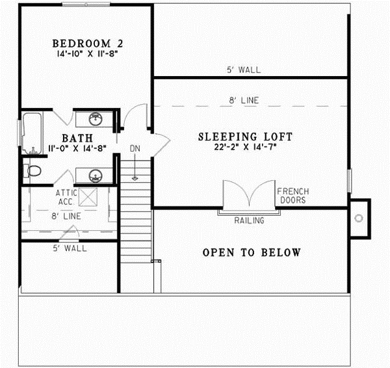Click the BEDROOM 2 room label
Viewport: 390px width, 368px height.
coord(88,44)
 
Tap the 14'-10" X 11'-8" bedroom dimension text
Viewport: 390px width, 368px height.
coord(88,55)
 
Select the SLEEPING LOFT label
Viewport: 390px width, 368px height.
coord(245,137)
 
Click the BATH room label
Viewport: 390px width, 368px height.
coord(77,138)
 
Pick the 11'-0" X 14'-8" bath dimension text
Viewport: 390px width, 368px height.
coord(77,150)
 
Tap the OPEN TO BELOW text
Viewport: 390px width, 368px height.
coord(251,252)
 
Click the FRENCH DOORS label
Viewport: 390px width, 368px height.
coord(292,196)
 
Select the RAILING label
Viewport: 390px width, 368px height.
coord(249,220)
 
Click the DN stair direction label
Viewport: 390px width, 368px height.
coord(135,149)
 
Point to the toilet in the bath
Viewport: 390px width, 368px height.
coord(34,171)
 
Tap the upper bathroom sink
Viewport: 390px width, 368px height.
coord(96,119)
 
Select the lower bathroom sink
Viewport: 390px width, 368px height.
coord(96,176)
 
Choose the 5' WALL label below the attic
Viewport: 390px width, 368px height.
coord(70,248)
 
